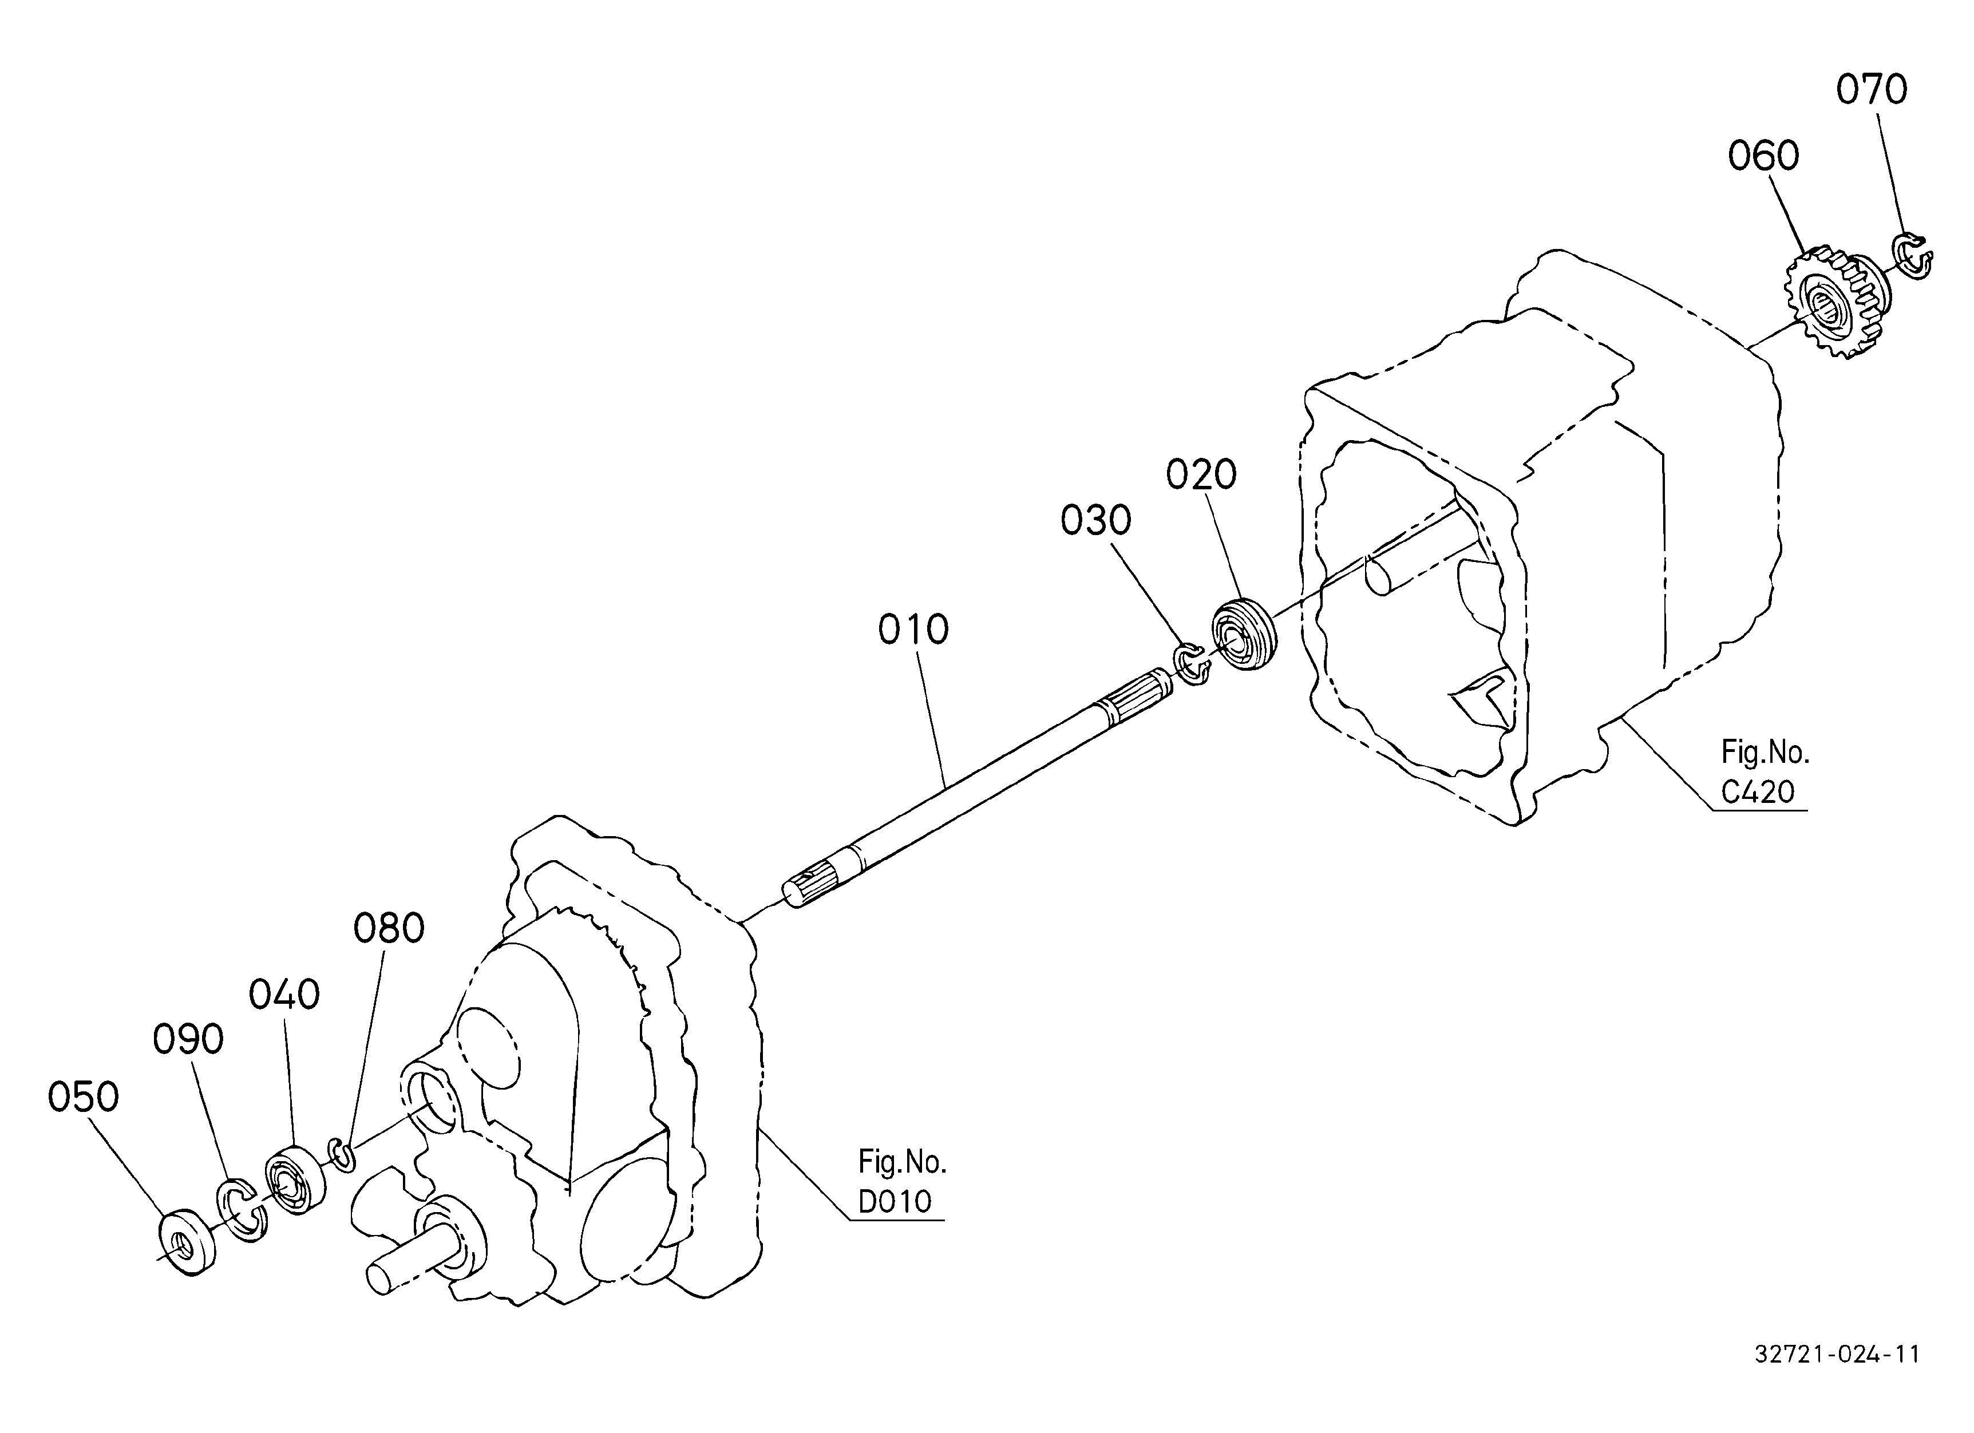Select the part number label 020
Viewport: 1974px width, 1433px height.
(1201, 475)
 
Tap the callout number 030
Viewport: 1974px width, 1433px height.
(1096, 520)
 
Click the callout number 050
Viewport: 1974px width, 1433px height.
(84, 1097)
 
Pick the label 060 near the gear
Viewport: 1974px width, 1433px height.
(1763, 157)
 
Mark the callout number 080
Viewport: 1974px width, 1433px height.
(389, 928)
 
